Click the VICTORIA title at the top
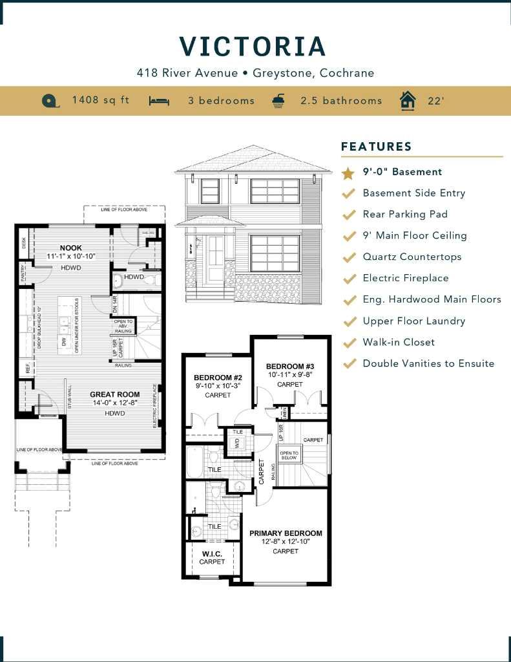pyautogui.click(x=253, y=47)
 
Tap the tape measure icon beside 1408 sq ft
pyautogui.click(x=50, y=101)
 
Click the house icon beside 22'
pyautogui.click(x=407, y=101)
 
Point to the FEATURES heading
pyautogui.click(x=376, y=146)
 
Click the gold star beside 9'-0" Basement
pyautogui.click(x=348, y=173)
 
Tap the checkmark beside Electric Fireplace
pyautogui.click(x=349, y=279)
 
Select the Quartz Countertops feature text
pyautogui.click(x=412, y=257)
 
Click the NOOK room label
pyautogui.click(x=71, y=248)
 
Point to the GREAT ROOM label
pyautogui.click(x=114, y=394)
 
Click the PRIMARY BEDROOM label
pyautogui.click(x=286, y=533)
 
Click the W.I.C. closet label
pyautogui.click(x=212, y=553)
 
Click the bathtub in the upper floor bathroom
pyautogui.click(x=194, y=461)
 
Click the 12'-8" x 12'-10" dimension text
pyautogui.click(x=286, y=542)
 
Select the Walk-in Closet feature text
pyautogui.click(x=399, y=342)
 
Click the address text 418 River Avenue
pyautogui.click(x=187, y=72)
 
